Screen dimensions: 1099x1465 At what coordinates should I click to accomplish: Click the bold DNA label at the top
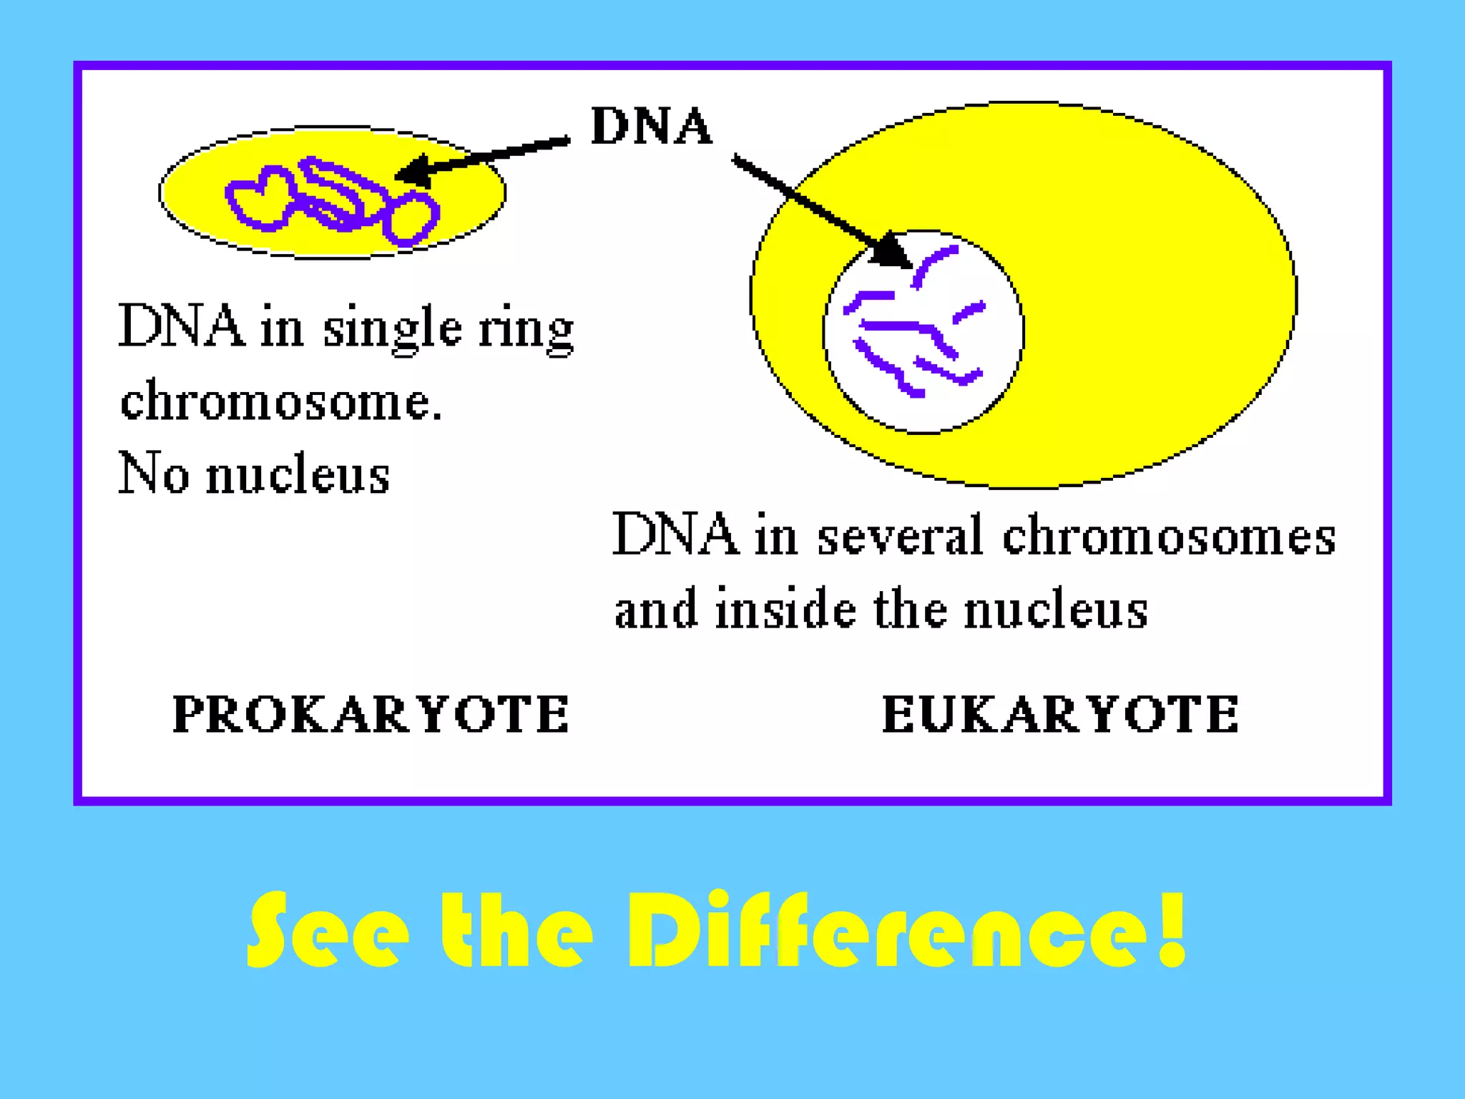(651, 127)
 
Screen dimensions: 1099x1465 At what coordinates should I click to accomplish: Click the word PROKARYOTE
(371, 714)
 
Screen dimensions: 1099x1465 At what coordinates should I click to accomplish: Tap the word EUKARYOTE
(1060, 714)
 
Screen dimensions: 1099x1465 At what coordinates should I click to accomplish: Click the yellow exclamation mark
(1172, 929)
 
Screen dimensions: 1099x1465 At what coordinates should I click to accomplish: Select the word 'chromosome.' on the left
(281, 401)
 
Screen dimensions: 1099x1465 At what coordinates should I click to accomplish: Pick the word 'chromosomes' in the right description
(1168, 537)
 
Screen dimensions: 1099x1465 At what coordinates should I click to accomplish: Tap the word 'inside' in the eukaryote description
(785, 610)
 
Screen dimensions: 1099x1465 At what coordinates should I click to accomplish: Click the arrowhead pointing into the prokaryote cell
(413, 172)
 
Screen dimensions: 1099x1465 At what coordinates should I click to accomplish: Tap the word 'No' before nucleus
(153, 474)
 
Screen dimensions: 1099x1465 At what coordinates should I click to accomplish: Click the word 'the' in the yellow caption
(516, 930)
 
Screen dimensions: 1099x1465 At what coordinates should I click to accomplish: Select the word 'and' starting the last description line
(655, 610)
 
